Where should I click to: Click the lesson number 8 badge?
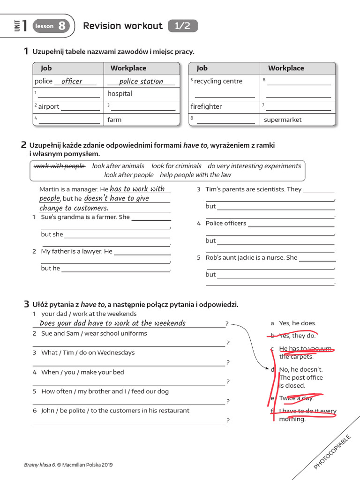(x=61, y=26)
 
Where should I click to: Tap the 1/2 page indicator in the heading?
(x=182, y=26)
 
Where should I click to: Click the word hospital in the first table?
(x=120, y=94)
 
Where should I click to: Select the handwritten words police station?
(x=141, y=81)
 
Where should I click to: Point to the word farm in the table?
(x=114, y=120)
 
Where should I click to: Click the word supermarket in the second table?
(x=283, y=120)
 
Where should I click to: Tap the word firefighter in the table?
(x=206, y=106)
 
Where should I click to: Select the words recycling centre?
(x=218, y=81)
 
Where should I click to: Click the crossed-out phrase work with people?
(x=60, y=166)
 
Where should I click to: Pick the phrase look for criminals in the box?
(x=176, y=166)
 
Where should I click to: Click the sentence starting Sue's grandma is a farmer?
(x=85, y=217)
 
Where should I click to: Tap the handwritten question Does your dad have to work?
(x=112, y=323)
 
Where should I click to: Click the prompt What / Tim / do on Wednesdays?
(x=88, y=352)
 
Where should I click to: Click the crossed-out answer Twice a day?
(x=296, y=398)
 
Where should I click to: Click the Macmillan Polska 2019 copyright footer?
(x=68, y=465)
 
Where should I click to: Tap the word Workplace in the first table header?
(x=128, y=68)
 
